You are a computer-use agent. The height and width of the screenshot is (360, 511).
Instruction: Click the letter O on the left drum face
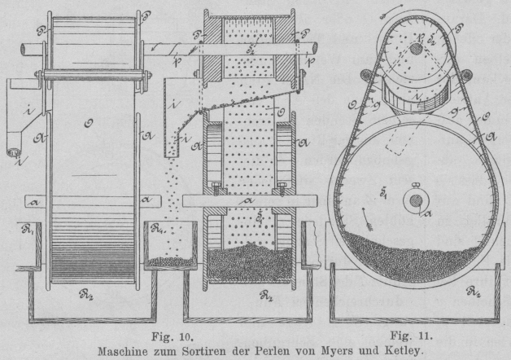coord(89,125)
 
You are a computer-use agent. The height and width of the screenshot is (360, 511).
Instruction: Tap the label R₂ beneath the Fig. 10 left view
coord(92,288)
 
